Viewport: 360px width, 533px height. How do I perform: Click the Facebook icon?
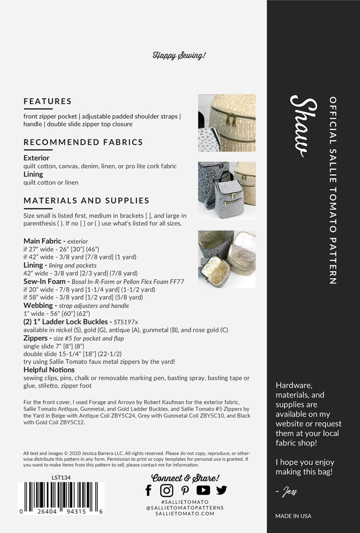[149, 490]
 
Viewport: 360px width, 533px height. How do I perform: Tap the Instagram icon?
[166, 490]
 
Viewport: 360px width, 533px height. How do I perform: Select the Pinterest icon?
[185, 490]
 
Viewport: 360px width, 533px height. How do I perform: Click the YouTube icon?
[203, 490]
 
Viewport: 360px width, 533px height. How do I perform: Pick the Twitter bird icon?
[221, 490]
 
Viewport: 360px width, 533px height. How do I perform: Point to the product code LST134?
[61, 478]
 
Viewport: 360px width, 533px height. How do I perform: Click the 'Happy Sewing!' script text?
[179, 55]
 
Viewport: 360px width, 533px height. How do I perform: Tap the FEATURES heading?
[48, 101]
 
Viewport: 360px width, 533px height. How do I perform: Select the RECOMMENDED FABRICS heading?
[83, 142]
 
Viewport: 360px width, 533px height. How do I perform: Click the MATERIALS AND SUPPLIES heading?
[86, 200]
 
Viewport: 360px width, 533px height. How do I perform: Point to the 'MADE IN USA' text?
[293, 516]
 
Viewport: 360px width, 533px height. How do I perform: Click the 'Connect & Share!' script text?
[185, 478]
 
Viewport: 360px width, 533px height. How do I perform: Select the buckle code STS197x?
[126, 322]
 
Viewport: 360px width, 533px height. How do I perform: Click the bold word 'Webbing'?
[38, 305]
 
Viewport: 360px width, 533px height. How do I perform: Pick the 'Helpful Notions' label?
[49, 370]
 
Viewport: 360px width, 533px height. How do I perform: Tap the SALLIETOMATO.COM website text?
[185, 513]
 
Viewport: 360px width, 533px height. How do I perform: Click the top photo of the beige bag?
[227, 123]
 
